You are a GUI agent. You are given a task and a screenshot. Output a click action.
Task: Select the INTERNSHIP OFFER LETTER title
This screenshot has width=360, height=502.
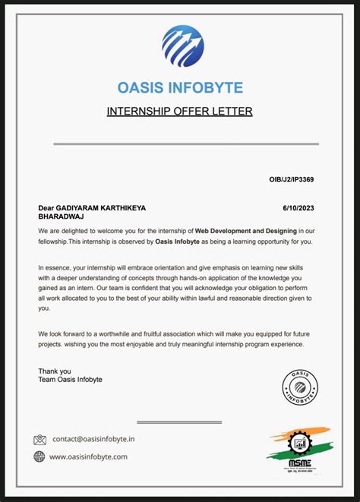179,112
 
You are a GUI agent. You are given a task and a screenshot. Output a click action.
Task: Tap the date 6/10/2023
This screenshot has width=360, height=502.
298,207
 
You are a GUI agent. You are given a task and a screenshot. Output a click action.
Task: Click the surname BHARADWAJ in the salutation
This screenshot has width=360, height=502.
61,216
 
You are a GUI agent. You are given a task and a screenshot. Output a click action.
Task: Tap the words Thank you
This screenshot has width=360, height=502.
54,371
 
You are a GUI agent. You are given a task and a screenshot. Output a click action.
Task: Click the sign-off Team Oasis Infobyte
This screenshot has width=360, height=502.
70,379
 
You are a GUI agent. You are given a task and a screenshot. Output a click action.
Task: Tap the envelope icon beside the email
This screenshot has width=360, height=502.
40,439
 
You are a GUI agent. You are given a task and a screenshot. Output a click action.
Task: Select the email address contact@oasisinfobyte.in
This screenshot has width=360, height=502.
93,439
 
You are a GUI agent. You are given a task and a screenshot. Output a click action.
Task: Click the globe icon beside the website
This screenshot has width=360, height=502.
39,456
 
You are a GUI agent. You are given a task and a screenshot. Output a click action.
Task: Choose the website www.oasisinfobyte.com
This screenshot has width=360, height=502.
88,456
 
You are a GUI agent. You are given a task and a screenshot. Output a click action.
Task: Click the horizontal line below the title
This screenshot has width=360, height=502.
185,143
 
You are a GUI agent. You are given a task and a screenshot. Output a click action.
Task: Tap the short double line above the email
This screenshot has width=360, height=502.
179,421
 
